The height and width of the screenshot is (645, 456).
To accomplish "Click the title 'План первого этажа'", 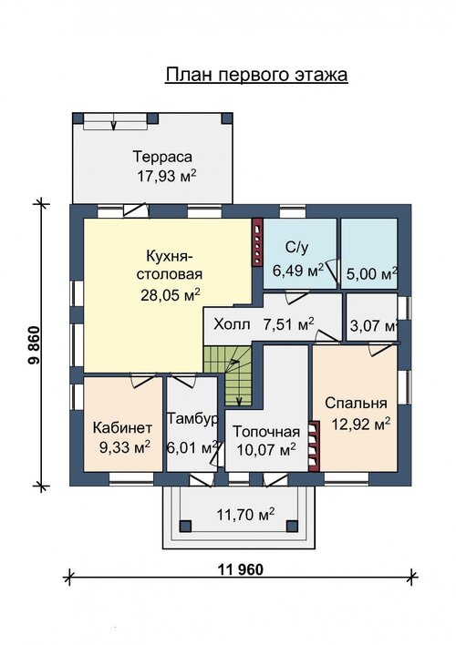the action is (256, 75).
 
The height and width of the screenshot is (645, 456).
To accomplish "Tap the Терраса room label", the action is (162, 157).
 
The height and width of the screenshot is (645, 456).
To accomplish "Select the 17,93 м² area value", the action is (166, 176).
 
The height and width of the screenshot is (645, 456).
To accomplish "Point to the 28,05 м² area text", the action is (171, 294).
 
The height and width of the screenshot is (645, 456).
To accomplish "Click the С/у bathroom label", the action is (296, 247).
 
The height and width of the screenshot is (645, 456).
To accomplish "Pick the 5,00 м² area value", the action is (371, 273).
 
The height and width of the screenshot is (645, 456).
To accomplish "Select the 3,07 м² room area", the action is (373, 326).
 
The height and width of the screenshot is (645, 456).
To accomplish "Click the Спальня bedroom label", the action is (356, 403).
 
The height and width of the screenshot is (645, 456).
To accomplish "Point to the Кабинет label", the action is (122, 428).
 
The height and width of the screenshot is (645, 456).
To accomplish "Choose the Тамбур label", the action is (192, 419).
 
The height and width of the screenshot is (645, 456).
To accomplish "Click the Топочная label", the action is (266, 432).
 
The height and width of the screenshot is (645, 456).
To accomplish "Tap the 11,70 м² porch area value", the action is (245, 515).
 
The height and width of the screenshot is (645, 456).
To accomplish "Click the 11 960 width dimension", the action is (240, 569).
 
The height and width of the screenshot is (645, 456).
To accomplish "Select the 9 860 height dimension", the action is (34, 345).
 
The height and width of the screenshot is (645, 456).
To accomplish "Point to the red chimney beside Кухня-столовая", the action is (257, 242).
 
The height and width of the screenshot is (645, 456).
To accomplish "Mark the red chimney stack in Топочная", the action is (314, 445).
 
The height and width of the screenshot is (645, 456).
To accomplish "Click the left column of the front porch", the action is (185, 527).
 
